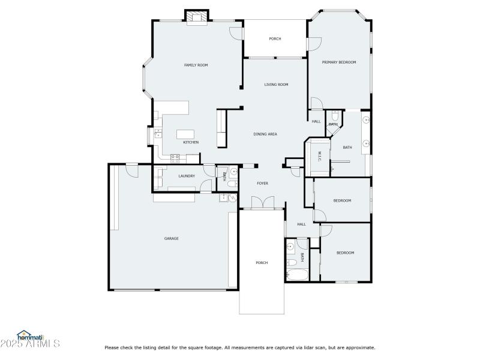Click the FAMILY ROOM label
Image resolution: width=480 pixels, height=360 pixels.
(196, 65)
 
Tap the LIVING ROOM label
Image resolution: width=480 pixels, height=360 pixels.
(276, 85)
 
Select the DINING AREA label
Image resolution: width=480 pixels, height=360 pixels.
(265, 134)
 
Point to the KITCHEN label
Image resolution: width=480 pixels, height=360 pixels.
(191, 142)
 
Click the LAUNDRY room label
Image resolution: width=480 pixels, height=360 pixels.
(187, 176)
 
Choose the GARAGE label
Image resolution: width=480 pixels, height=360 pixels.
(172, 238)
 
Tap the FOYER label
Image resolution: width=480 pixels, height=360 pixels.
(263, 183)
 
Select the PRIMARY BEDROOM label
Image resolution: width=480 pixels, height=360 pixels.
(339, 62)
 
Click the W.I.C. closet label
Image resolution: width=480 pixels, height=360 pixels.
(319, 157)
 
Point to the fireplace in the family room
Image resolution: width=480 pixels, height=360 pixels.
(196, 17)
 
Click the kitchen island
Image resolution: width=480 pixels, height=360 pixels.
(187, 134)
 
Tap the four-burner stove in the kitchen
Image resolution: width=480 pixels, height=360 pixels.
(176, 158)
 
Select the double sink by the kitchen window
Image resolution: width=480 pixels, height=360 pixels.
(158, 133)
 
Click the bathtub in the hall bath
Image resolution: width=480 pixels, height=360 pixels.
(297, 277)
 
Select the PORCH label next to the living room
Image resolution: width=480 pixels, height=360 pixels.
(275, 39)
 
